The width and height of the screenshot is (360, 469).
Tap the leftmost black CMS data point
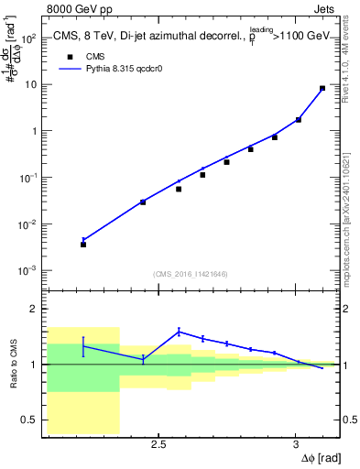pyautogui.click(x=83, y=245)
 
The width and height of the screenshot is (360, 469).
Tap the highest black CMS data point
pyautogui.click(x=322, y=89)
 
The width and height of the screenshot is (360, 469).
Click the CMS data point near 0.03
pyautogui.click(x=143, y=202)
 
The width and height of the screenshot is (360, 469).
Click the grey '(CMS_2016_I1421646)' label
pyautogui.click(x=191, y=274)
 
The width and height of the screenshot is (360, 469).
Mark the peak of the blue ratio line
pyautogui.click(x=179, y=331)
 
